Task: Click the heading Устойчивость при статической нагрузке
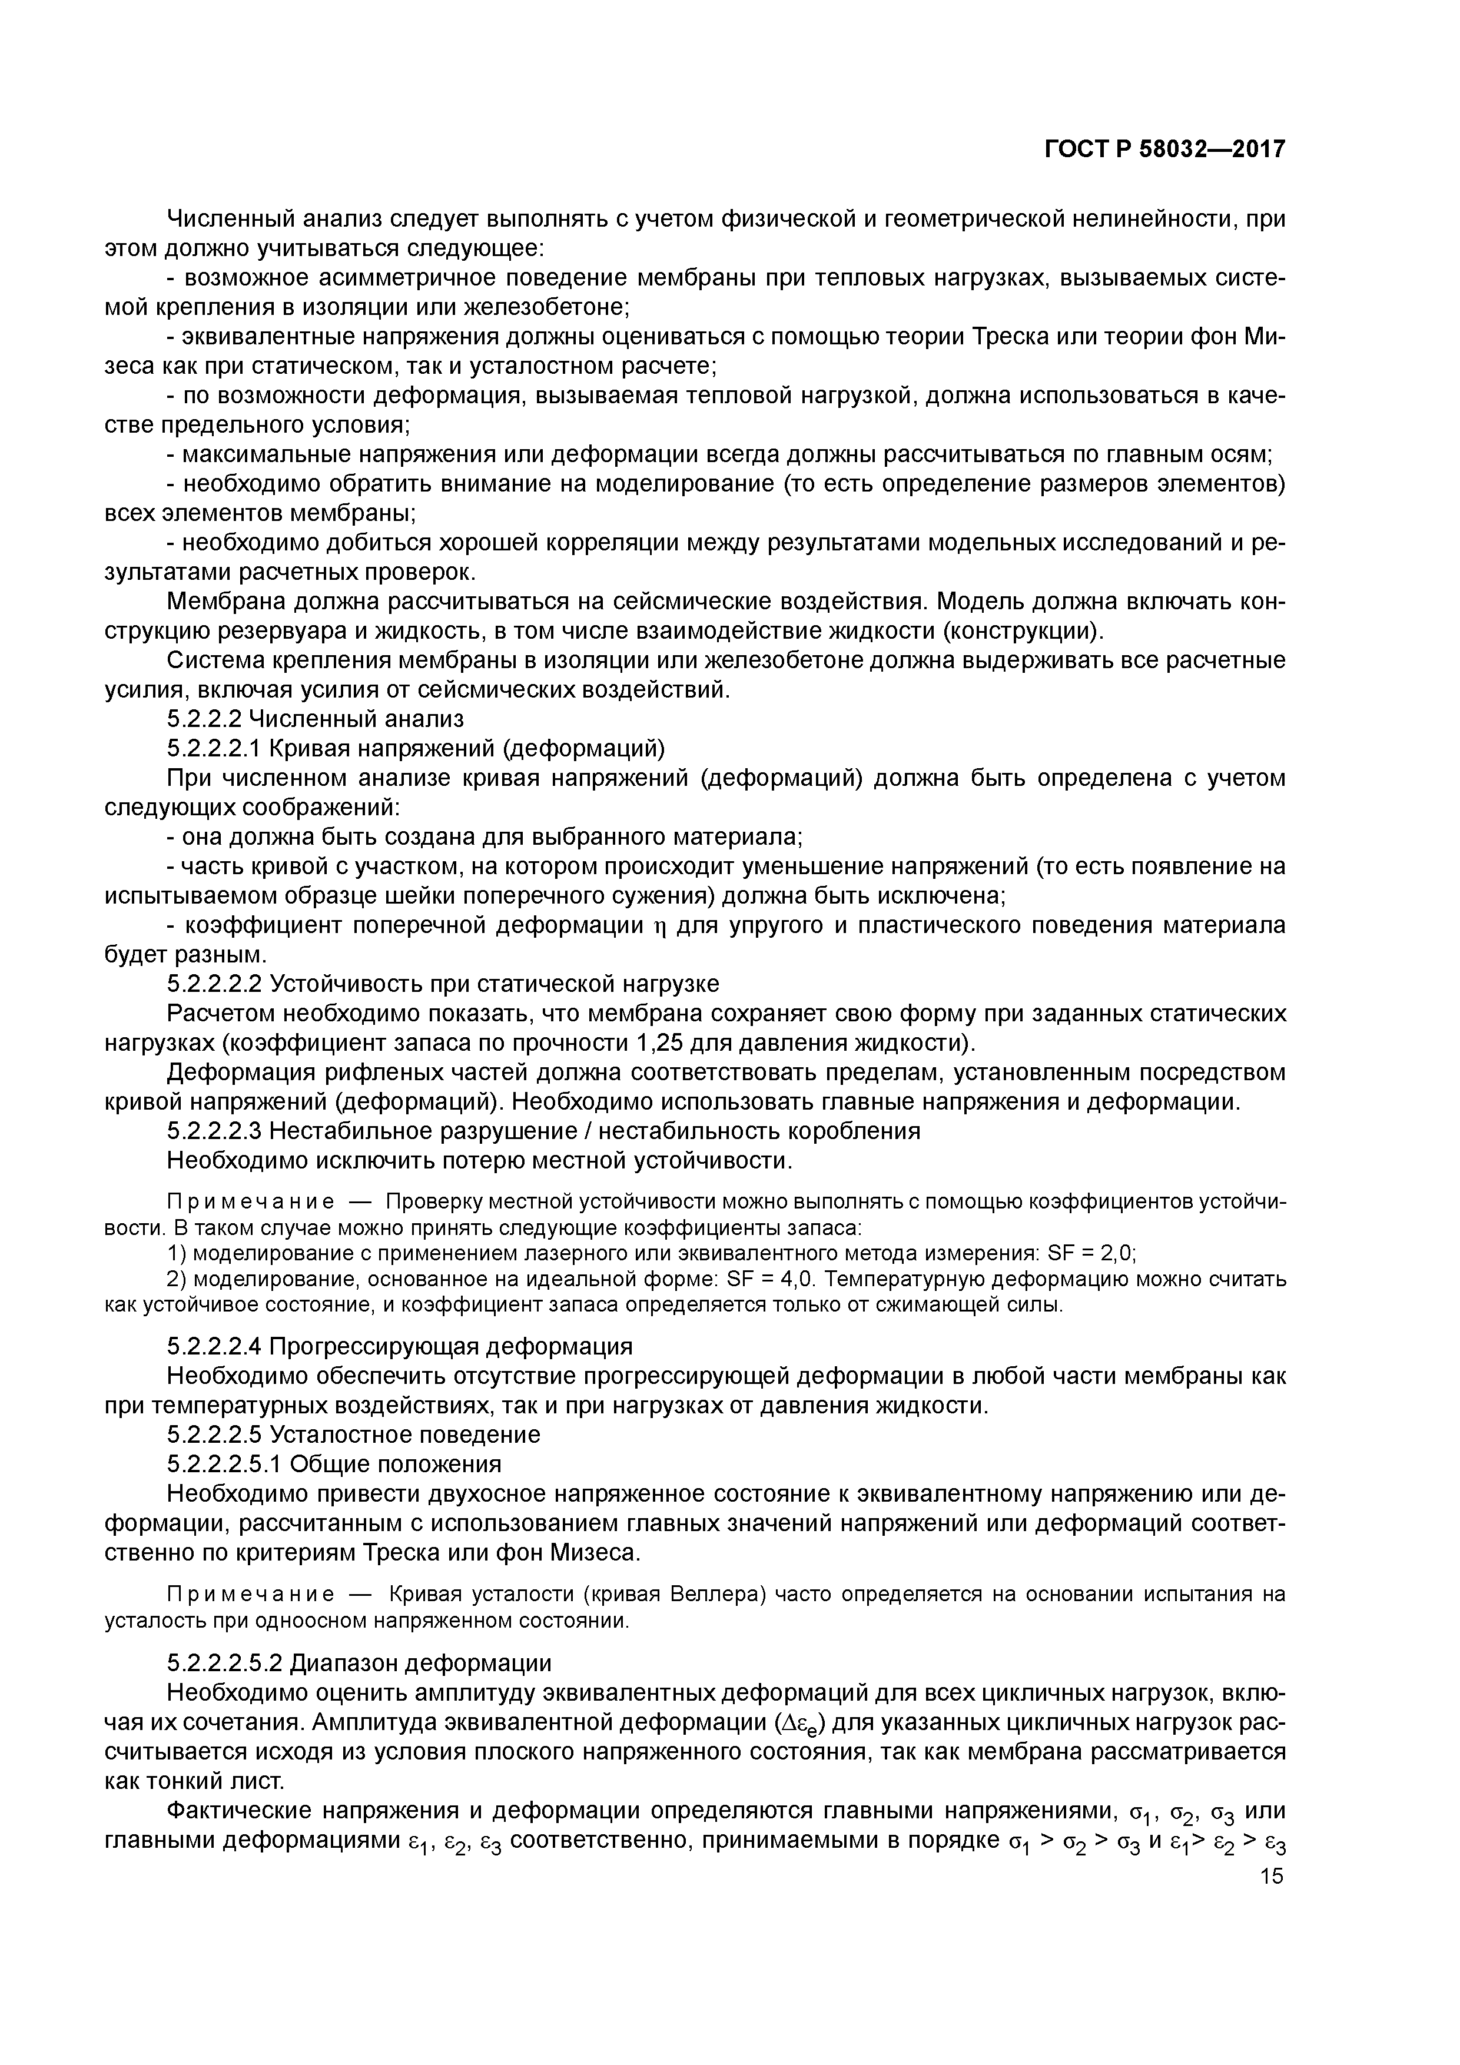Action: pyautogui.click(x=495, y=984)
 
